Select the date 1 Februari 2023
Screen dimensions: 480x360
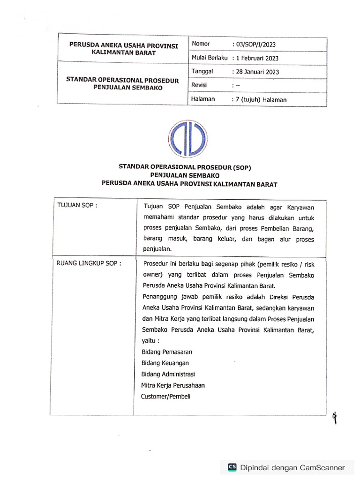click(257, 58)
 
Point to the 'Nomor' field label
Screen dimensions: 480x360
click(201, 44)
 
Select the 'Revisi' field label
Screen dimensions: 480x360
click(199, 85)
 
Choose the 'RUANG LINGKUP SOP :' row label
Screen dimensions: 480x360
click(89, 263)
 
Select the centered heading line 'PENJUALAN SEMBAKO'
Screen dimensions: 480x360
click(189, 175)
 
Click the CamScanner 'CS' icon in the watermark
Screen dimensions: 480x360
click(232, 467)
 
